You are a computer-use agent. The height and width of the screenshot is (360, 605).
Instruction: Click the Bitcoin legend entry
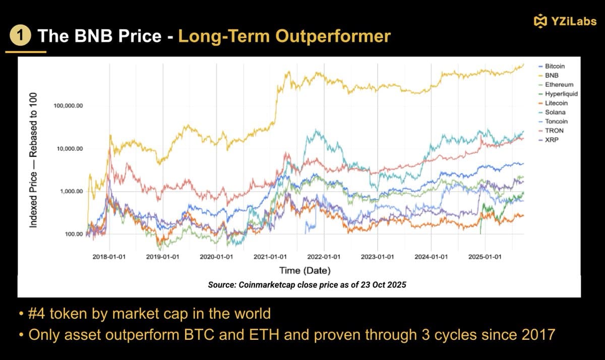coord(555,66)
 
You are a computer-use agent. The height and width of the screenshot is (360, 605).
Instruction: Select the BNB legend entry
coord(552,76)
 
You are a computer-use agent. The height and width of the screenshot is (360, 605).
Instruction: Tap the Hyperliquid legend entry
coord(561,94)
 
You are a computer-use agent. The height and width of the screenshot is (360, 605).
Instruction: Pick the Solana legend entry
coord(555,112)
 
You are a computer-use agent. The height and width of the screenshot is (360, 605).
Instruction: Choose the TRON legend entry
coord(554,131)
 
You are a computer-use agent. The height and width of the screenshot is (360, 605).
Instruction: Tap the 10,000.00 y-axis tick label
coord(69,149)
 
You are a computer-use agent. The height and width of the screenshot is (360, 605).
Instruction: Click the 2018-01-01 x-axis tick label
coord(109,257)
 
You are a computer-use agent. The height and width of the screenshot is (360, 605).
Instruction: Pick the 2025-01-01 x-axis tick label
coord(484,257)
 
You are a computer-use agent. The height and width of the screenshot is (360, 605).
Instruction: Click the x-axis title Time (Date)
coord(305,271)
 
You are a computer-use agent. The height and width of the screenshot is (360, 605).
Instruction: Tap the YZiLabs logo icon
coord(540,21)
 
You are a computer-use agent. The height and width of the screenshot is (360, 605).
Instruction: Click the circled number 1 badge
coord(19,36)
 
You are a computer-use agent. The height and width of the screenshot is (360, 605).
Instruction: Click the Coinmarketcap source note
coord(307,285)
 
